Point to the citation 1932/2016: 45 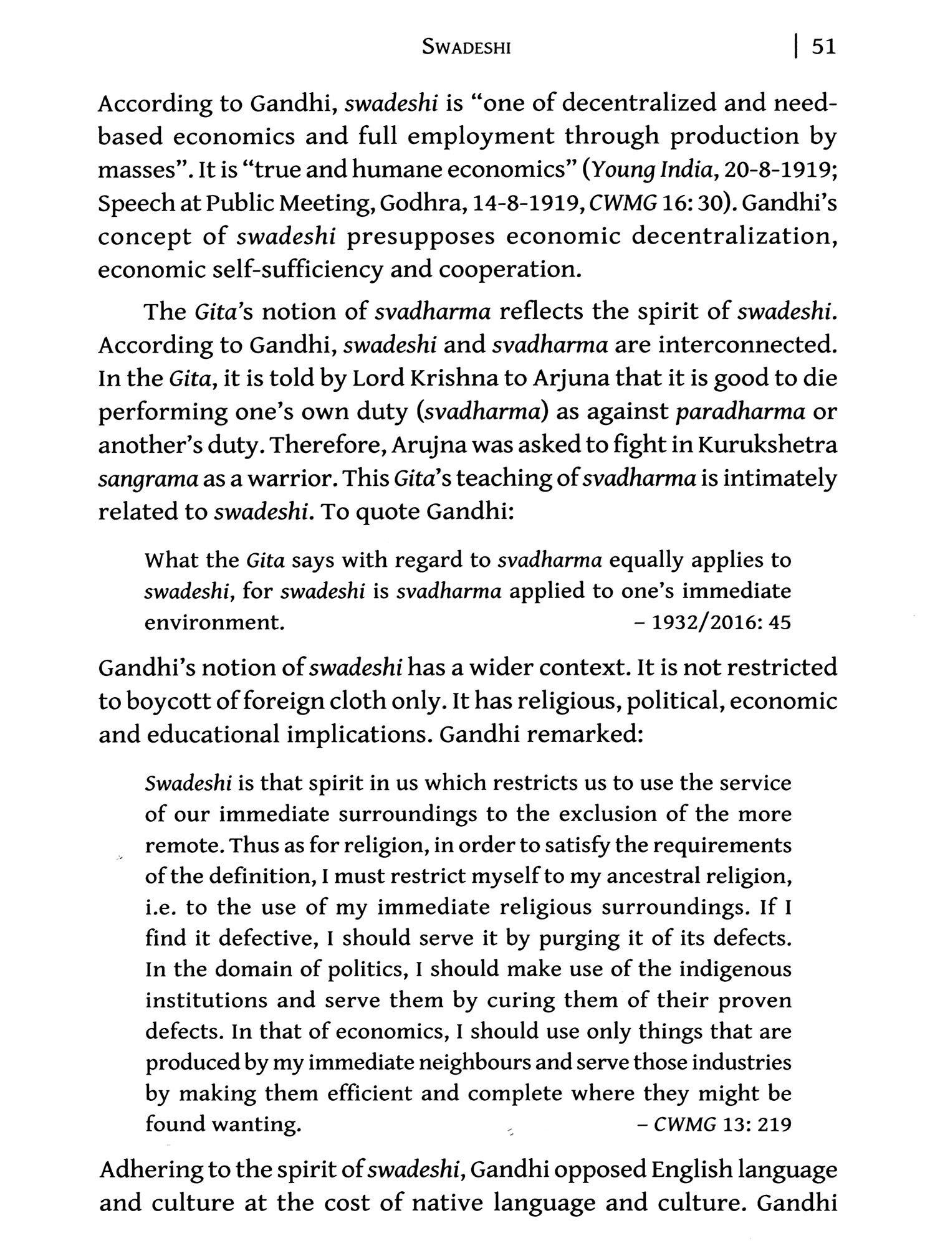pyautogui.click(x=720, y=622)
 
